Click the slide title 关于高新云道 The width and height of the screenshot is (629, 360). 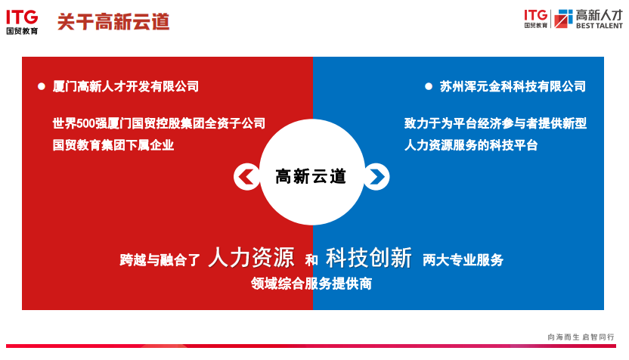point(113,22)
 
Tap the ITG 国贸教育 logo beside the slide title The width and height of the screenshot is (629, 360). point(22,23)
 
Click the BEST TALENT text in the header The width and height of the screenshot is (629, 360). point(600,26)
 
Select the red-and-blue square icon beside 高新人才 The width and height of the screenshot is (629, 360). point(563,18)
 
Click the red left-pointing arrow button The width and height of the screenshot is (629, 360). point(246,176)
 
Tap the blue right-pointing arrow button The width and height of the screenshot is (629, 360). point(376,176)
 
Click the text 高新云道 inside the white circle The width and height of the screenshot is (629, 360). point(311,176)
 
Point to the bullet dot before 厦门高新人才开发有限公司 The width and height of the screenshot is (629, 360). point(42,86)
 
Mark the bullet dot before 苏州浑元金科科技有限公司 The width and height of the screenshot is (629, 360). point(429,86)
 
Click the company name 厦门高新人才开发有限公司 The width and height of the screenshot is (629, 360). point(125,86)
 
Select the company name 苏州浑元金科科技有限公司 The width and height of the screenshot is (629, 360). point(513,86)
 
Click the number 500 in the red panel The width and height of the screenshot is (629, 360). point(85,123)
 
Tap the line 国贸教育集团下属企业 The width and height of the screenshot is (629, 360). point(113,145)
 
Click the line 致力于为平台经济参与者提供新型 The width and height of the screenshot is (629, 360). point(495,123)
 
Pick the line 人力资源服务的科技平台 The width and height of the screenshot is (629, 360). point(471,145)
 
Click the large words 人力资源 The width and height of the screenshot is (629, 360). point(251,257)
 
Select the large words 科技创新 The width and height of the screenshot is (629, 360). point(369,257)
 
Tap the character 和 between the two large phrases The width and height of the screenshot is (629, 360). point(311,260)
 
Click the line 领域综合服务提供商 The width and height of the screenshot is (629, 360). point(311,284)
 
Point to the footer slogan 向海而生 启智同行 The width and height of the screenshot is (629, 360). point(581,337)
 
